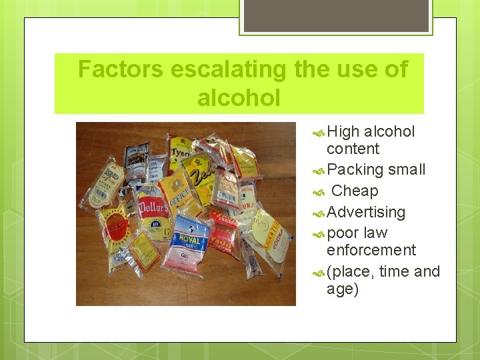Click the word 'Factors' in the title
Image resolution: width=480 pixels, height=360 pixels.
[120, 69]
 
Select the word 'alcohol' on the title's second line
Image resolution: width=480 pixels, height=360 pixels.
[239, 98]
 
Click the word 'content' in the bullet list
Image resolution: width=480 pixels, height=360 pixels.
[353, 149]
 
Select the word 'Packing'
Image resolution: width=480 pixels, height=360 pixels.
[355, 170]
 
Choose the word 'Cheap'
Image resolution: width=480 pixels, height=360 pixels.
[355, 191]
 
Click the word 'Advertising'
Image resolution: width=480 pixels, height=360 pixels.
[366, 213]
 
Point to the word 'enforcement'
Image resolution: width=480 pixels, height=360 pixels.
[371, 250]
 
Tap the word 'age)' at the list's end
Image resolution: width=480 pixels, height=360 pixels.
[343, 289]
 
